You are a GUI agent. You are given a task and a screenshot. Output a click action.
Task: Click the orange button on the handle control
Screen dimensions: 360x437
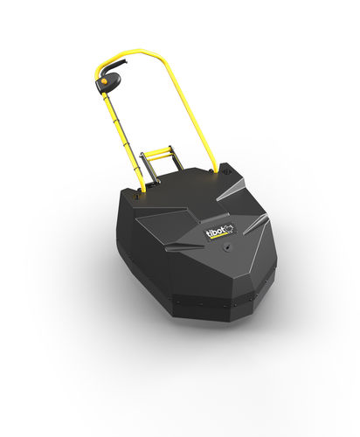coord(103,81)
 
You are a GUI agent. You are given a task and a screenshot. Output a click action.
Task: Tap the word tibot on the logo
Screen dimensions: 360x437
coord(216,232)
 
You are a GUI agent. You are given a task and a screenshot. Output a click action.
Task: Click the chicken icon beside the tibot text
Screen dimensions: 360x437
coord(230,228)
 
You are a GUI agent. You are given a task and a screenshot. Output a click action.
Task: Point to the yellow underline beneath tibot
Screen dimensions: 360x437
coord(218,237)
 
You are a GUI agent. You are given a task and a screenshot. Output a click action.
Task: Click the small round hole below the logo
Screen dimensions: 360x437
coord(226,247)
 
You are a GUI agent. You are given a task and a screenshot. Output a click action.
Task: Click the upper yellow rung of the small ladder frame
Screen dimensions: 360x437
coord(159,152)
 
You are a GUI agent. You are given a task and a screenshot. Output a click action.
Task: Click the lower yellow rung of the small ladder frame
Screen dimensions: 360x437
coord(162,158)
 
